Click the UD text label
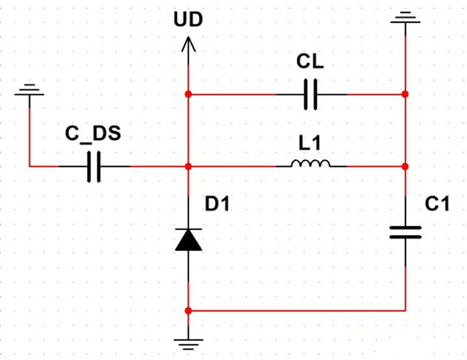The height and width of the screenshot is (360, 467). tap(189, 18)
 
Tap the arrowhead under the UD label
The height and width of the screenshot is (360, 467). tap(189, 44)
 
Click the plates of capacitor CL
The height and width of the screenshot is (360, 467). tap(309, 93)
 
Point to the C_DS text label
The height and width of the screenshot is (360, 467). tap(93, 135)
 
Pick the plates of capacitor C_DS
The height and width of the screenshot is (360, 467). tap(95, 165)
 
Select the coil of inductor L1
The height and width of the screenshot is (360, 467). tap(311, 164)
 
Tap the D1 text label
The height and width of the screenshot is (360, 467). tap(218, 204)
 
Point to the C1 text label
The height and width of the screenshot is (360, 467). tap(437, 204)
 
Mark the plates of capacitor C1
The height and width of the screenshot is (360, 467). tap(405, 231)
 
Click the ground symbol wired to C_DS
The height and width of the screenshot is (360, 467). tap(30, 91)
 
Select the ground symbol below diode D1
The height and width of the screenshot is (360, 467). tap(189, 343)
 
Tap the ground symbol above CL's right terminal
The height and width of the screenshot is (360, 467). tap(405, 16)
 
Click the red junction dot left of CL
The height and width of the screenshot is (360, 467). tap(189, 93)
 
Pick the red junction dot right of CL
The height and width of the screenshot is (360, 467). tap(405, 93)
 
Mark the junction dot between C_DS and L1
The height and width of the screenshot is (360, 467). tap(189, 165)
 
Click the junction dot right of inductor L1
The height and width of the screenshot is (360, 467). tap(405, 165)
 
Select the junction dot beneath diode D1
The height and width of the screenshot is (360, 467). tap(189, 310)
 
